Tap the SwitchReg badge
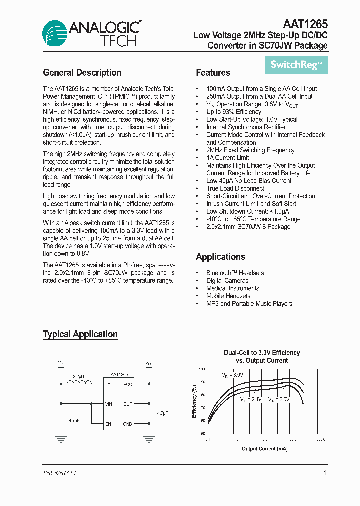[296, 64]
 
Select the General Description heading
[82, 73]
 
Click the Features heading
[213, 73]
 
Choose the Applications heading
[220, 257]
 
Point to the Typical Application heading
[80, 334]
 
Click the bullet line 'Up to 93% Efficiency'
[234, 112]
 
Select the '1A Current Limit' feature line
[227, 158]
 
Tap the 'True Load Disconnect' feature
[235, 188]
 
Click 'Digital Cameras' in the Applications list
[227, 281]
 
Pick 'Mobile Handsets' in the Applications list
[228, 296]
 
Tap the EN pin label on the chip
[108, 424]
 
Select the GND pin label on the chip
[127, 424]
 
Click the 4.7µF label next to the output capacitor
[162, 413]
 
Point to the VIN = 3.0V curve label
[232, 374]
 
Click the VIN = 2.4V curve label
[250, 400]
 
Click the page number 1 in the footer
[325, 473]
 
